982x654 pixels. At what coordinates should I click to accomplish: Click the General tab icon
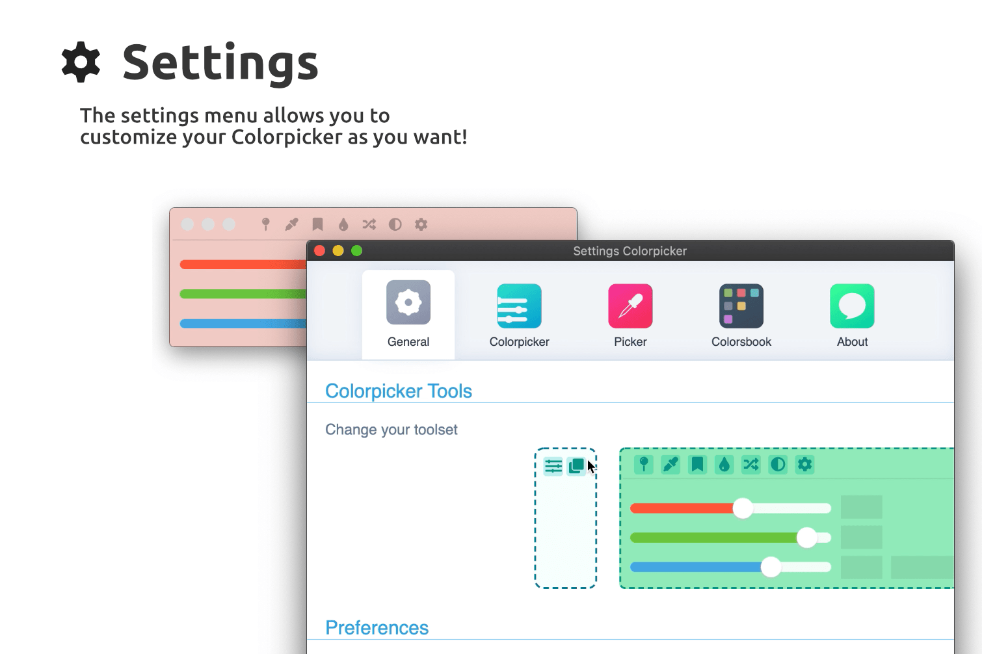tap(408, 302)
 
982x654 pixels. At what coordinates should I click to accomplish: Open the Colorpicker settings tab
tap(519, 306)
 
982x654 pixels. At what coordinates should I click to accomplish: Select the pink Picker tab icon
tap(630, 306)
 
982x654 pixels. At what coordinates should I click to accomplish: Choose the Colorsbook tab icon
tap(741, 306)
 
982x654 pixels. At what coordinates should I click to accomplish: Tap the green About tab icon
tap(852, 306)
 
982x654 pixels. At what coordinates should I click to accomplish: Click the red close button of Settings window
tap(319, 251)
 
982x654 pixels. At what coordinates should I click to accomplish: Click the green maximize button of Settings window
tap(356, 251)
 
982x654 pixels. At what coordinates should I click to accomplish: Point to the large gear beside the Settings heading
tap(81, 62)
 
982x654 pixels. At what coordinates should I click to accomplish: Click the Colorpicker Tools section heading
tap(399, 391)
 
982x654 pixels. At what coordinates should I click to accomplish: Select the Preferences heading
tap(377, 628)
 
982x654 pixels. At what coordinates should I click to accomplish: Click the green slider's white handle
tap(807, 538)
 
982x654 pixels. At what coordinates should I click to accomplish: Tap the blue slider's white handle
tap(771, 567)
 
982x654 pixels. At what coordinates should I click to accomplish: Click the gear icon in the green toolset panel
tap(805, 464)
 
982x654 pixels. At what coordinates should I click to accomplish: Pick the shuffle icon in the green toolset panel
tap(751, 464)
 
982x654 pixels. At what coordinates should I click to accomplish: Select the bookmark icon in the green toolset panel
tap(697, 464)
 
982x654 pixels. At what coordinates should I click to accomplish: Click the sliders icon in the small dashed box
tap(553, 466)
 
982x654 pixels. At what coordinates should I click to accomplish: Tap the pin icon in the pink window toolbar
tap(265, 224)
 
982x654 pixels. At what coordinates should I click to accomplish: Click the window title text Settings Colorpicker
tap(630, 251)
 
